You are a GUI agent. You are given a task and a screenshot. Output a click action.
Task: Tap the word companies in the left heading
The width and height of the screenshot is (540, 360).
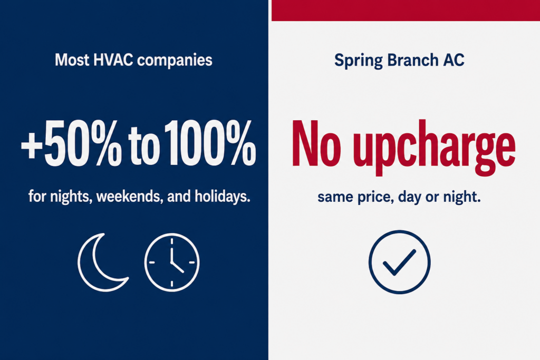click(175, 61)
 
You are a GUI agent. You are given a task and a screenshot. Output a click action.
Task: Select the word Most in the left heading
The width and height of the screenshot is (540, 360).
click(72, 60)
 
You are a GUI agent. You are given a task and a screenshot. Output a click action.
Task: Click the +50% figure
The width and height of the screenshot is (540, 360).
click(72, 143)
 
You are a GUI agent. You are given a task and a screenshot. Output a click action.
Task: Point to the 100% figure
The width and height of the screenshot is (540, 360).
click(210, 143)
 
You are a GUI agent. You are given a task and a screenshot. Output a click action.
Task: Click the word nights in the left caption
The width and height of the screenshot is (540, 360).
click(71, 197)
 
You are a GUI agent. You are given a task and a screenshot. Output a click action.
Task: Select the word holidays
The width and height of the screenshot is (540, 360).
click(222, 197)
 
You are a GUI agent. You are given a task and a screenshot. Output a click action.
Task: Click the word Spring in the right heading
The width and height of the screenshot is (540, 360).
click(358, 61)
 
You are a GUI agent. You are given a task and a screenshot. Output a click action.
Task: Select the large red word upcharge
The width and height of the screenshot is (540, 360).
click(435, 148)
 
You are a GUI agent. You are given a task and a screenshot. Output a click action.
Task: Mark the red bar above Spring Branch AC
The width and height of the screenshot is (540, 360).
click(406, 11)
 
